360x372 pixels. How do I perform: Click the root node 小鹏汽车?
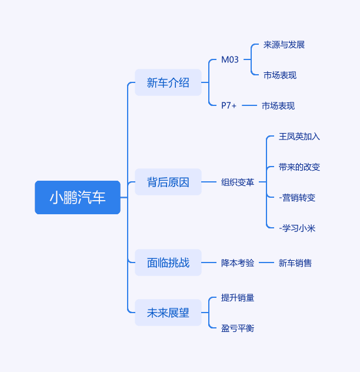(x=78, y=197)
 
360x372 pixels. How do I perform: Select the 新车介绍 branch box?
(x=168, y=82)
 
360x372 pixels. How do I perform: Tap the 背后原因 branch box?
(x=168, y=182)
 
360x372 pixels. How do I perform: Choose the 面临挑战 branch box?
(x=168, y=263)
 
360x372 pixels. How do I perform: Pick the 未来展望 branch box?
(x=168, y=313)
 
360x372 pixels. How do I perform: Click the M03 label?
(x=230, y=59)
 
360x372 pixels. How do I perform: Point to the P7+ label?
(x=229, y=105)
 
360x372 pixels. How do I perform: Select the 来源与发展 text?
(x=284, y=45)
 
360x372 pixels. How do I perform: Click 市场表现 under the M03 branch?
(x=280, y=75)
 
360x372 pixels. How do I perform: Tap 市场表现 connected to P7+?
(x=278, y=106)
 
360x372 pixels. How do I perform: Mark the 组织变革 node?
(x=238, y=182)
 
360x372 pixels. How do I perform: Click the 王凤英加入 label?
(x=299, y=137)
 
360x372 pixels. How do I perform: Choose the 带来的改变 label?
(x=299, y=167)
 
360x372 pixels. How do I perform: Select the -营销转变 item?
(x=297, y=198)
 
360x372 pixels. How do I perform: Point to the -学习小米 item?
(x=297, y=228)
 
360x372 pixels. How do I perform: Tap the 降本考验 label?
(x=238, y=263)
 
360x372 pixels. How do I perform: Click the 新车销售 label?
(x=295, y=263)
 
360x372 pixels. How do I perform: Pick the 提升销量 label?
(x=238, y=297)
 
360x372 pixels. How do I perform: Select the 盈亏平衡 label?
(x=238, y=328)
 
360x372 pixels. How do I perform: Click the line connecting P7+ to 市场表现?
(x=249, y=105)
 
